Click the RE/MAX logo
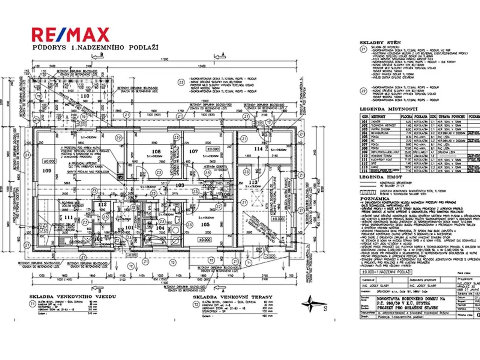point(70,34)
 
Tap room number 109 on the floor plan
point(47,170)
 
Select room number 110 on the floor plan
point(85,96)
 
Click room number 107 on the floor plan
point(194,152)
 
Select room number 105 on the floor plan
point(205,224)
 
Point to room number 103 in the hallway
point(180,185)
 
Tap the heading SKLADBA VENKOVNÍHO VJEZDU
point(72,297)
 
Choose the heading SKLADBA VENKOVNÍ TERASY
point(232,297)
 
